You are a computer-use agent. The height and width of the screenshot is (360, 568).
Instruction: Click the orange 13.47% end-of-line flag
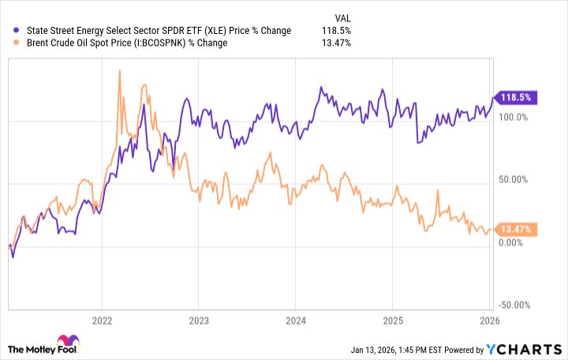[514, 230]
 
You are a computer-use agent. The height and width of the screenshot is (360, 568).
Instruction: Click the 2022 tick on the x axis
[103, 321]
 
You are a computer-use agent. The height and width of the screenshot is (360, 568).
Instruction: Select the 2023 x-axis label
[200, 321]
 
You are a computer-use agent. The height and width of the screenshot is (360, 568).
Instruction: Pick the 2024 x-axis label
[296, 321]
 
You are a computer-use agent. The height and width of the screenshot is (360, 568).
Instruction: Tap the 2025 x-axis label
[393, 321]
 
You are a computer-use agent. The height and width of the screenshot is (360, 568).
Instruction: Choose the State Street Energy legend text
[152, 31]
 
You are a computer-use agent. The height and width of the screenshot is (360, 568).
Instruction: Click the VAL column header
[342, 16]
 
